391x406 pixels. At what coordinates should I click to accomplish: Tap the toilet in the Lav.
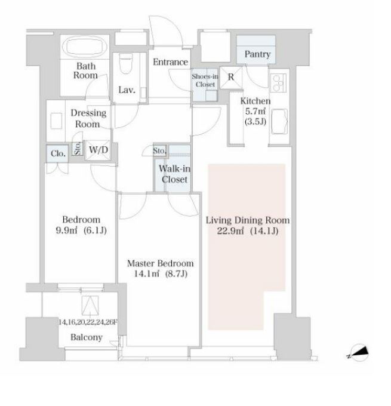click(126, 63)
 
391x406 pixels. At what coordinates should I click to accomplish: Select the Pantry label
click(257, 54)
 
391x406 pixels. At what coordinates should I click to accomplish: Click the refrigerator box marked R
click(231, 78)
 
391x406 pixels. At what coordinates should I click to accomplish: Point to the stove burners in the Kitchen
click(278, 82)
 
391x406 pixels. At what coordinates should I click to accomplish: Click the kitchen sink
click(279, 121)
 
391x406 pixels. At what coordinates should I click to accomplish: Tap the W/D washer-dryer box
click(98, 150)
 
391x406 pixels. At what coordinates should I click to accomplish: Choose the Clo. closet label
click(58, 154)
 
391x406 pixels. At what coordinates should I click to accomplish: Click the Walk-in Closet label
click(174, 174)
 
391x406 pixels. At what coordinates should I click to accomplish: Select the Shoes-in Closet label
click(205, 81)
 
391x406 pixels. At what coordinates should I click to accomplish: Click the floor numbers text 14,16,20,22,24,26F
click(88, 322)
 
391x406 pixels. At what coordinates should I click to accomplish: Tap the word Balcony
click(87, 337)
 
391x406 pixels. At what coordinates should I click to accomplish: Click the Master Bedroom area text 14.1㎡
click(147, 273)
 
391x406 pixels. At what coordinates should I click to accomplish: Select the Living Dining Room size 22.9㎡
click(230, 230)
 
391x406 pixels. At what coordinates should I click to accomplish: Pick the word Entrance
click(170, 62)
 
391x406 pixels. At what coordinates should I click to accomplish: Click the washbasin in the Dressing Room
click(56, 121)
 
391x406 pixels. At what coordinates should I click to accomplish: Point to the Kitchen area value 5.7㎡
click(255, 111)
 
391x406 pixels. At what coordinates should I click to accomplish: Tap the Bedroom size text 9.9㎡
click(66, 230)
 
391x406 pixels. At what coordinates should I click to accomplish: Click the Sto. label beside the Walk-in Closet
click(159, 150)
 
